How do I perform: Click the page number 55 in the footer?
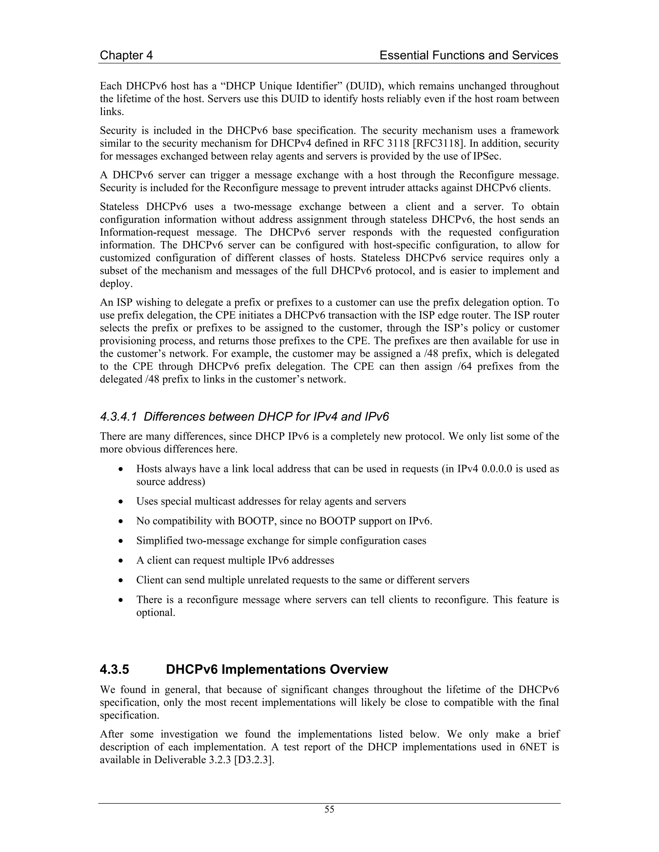point(329,810)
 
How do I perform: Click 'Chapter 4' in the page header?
point(126,55)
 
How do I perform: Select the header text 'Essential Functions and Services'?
point(469,55)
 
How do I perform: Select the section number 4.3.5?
point(114,669)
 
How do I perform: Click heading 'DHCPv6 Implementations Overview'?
point(277,669)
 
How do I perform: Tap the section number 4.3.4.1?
point(118,417)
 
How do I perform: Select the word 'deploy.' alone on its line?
point(116,284)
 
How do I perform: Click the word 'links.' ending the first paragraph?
point(112,112)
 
